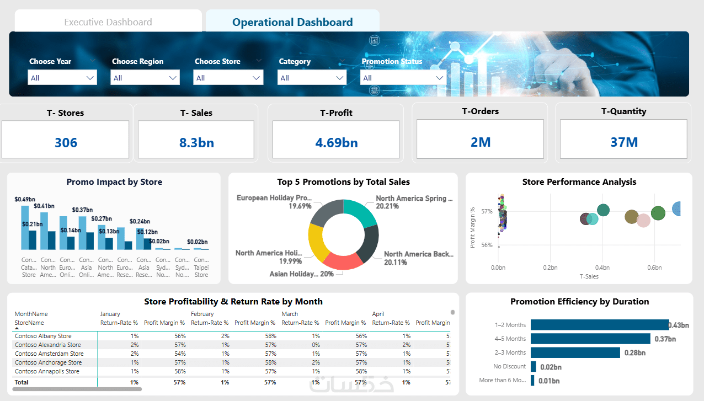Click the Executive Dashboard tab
point(108,23)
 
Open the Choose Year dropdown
point(62,78)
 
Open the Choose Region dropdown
point(146,78)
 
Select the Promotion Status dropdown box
point(403,78)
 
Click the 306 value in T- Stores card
point(66,142)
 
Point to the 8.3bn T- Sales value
point(196,142)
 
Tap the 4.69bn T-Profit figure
point(337,142)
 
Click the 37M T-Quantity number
point(624,142)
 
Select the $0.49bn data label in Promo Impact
point(25,199)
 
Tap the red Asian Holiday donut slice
point(343,261)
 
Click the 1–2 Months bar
point(599,325)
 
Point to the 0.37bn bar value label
point(665,339)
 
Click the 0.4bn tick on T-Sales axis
point(602,268)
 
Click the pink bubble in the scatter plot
point(643,221)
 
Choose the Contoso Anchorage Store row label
point(48,362)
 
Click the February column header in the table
point(202,314)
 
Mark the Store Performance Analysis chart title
point(579,182)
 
